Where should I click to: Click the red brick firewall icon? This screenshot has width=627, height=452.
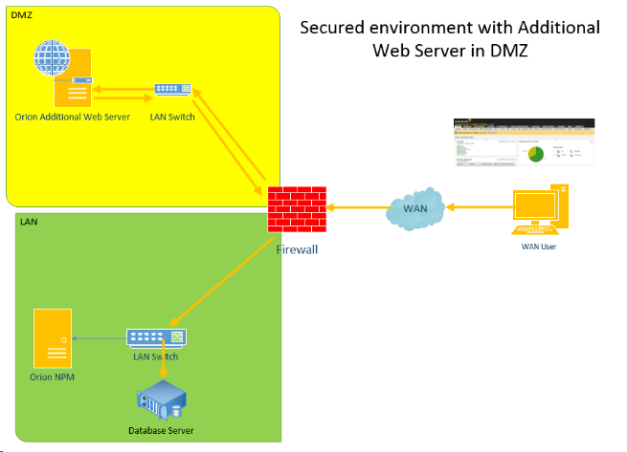coord(296,205)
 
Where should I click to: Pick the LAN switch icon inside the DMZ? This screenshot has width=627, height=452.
coord(172,90)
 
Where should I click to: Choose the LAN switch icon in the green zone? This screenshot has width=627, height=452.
coord(156,337)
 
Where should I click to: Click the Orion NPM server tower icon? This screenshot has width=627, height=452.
coord(52,339)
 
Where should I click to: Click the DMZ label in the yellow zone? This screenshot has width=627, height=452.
coord(21,14)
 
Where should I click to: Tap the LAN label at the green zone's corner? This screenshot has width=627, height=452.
coord(29,221)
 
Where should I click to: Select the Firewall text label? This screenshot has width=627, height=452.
coord(297,249)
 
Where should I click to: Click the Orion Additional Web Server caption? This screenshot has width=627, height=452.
coord(73,118)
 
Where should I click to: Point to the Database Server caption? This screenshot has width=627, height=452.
coord(161,431)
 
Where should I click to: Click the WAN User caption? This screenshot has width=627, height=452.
coord(539,248)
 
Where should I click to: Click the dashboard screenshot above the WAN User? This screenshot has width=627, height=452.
coord(524,142)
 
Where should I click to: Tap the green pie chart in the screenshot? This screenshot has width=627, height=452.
coord(535,153)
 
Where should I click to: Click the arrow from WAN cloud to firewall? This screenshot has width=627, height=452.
coord(356,205)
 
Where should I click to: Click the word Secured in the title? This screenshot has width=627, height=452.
coord(336,27)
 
